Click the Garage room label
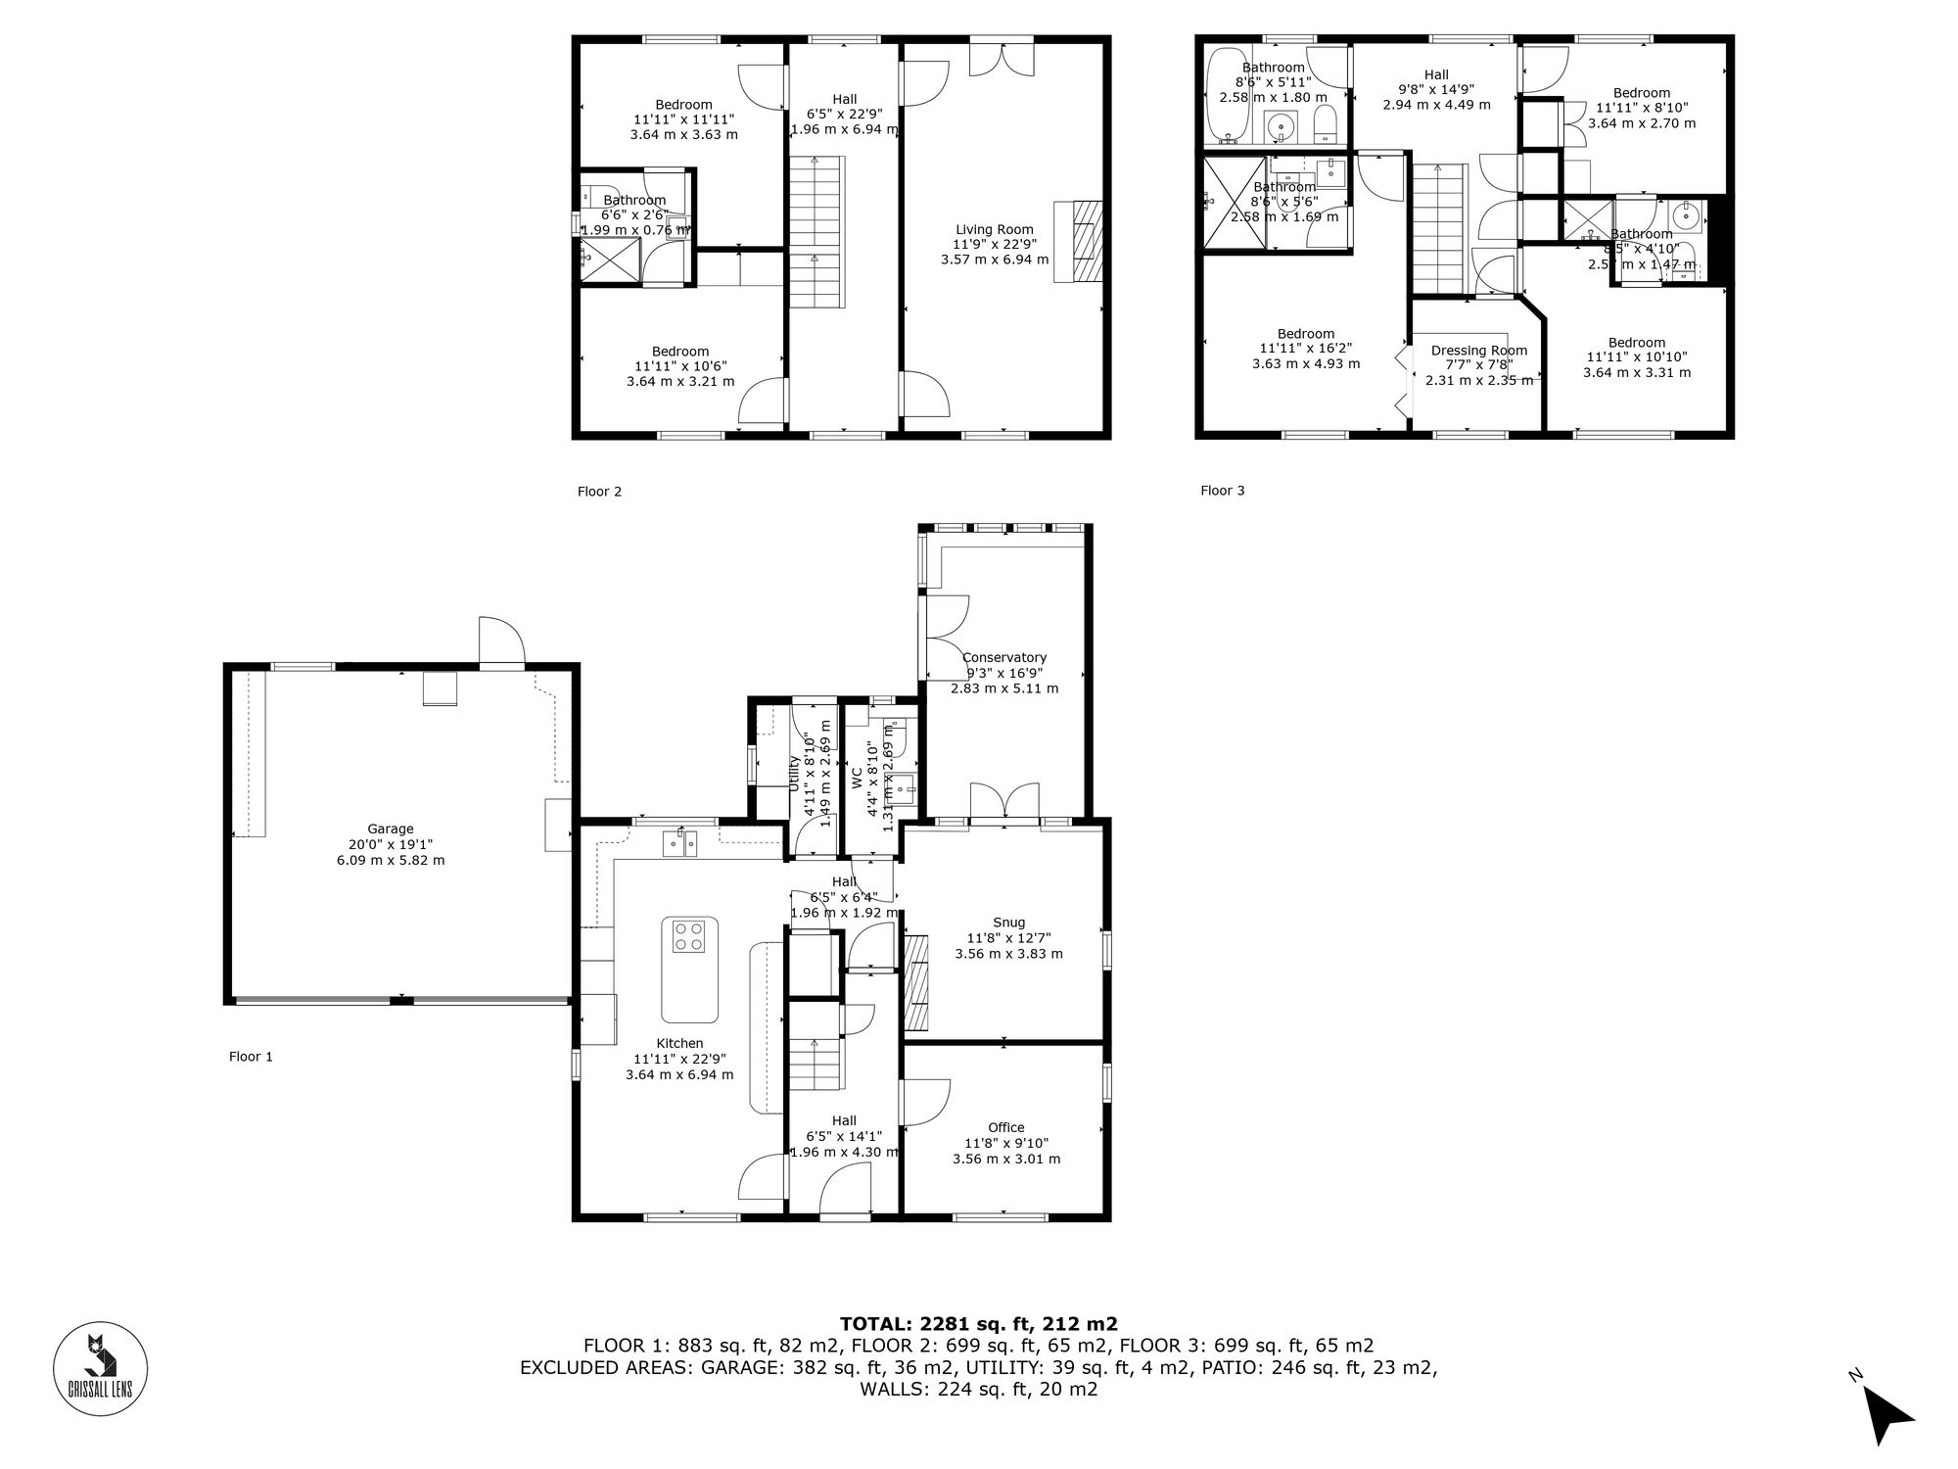[x=391, y=829]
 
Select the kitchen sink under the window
[x=678, y=842]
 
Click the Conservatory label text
[x=1003, y=658]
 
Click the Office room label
[x=1005, y=1128]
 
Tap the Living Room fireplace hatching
[x=1087, y=240]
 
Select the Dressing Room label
[x=1478, y=351]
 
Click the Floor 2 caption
[x=599, y=492]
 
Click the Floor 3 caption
[x=1222, y=491]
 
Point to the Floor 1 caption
[x=251, y=1057]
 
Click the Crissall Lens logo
[x=100, y=1368]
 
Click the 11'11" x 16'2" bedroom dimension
[x=1305, y=349]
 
